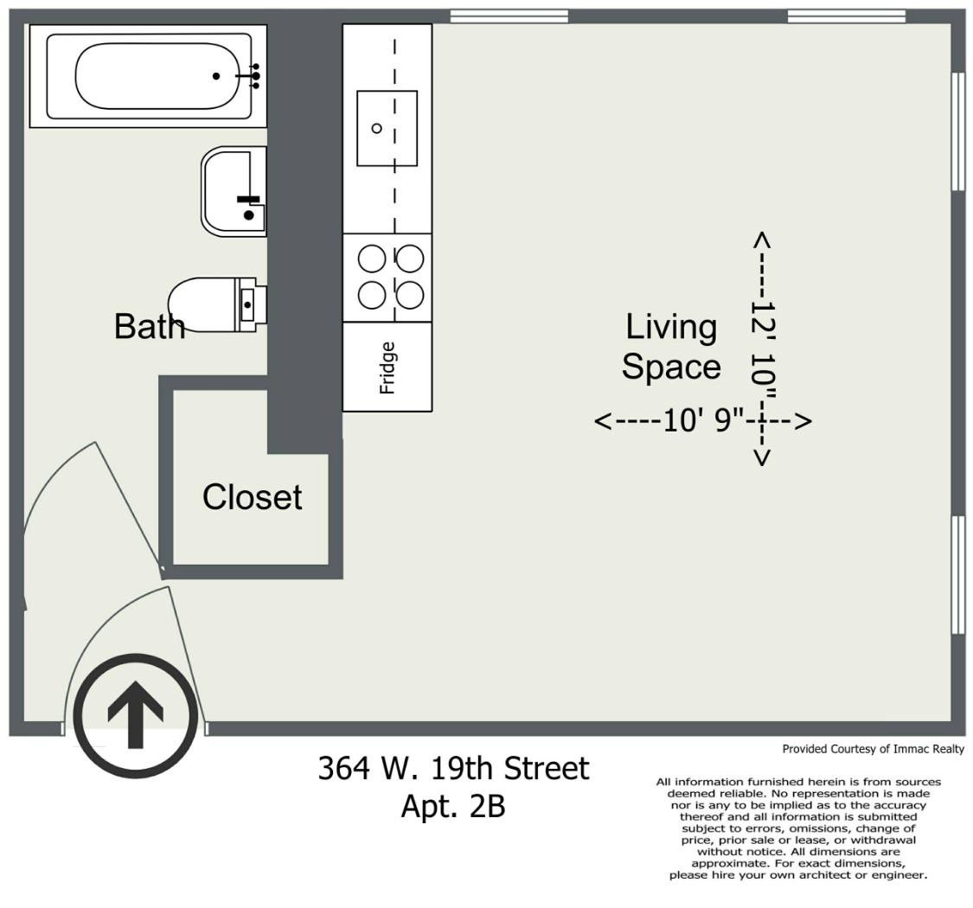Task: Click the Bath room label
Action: [150, 326]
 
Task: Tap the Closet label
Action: [252, 497]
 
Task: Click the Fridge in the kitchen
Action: [387, 367]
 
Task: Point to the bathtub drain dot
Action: [216, 76]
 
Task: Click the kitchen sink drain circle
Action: [377, 129]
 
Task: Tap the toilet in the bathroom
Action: [217, 304]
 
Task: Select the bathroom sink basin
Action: [234, 191]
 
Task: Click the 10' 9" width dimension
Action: [703, 421]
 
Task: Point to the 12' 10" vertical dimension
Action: [763, 348]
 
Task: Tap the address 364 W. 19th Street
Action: [453, 769]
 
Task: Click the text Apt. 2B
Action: [453, 806]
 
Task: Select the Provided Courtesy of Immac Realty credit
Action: [873, 749]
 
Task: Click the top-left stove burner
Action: [372, 259]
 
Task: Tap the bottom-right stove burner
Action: [410, 295]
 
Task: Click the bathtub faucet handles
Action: [255, 76]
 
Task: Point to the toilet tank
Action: [250, 304]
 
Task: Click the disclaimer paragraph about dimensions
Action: [798, 828]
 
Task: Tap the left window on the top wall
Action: [509, 16]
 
